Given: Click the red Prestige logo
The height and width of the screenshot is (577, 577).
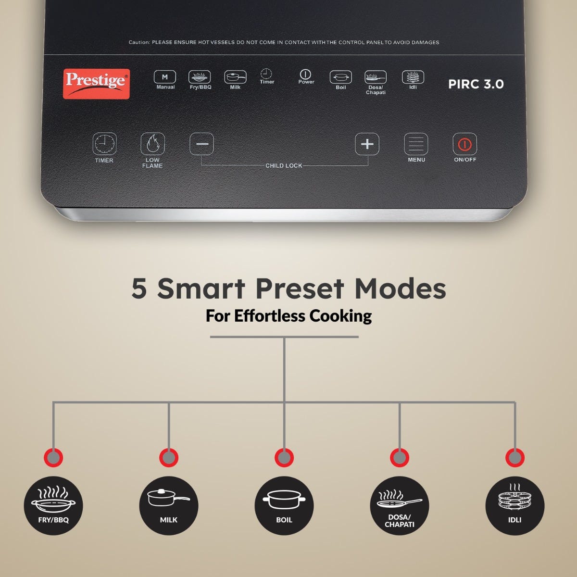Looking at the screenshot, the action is [96, 84].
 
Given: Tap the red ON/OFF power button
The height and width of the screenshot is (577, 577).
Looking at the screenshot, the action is [464, 144].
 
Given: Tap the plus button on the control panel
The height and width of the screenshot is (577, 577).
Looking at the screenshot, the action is [367, 144].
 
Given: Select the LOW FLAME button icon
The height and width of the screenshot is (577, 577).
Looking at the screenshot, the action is [153, 144].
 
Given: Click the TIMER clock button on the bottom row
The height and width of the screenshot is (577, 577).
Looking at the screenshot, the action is [104, 144].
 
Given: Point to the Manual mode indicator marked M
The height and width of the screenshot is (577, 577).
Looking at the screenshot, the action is [165, 77].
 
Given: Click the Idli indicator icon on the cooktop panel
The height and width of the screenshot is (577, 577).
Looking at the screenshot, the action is [413, 77].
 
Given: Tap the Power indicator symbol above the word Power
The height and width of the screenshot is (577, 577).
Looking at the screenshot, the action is [305, 74].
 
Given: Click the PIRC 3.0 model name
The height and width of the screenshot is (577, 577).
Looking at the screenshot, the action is [476, 84].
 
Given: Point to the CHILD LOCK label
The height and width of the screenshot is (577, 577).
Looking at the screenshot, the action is [284, 165].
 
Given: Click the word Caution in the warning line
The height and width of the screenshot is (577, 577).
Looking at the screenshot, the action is [139, 42].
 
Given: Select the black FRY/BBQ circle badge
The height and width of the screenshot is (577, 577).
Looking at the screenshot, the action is [53, 506].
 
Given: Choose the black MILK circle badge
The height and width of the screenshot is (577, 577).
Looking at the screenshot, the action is [169, 506].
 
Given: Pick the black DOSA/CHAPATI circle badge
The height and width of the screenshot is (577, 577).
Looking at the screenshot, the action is [400, 506].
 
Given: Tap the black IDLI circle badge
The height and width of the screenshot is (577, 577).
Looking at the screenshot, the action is [514, 506].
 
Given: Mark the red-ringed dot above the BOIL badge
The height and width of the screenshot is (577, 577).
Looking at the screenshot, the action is [284, 458].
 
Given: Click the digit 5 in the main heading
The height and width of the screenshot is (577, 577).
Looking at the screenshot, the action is [139, 288].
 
